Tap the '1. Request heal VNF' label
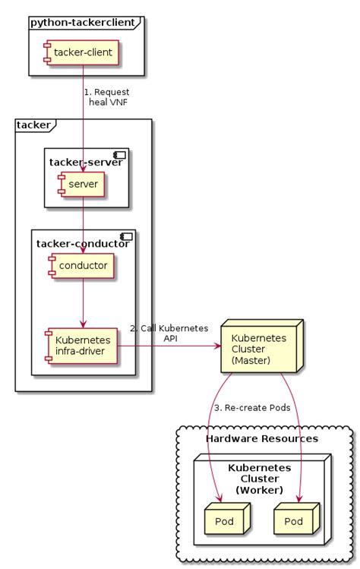(106, 97)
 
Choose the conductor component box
(81, 265)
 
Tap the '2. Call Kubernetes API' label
(169, 333)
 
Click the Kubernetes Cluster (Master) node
(261, 349)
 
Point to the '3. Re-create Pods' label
(252, 408)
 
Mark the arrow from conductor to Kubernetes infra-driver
(82, 304)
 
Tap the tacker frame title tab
(33, 125)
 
